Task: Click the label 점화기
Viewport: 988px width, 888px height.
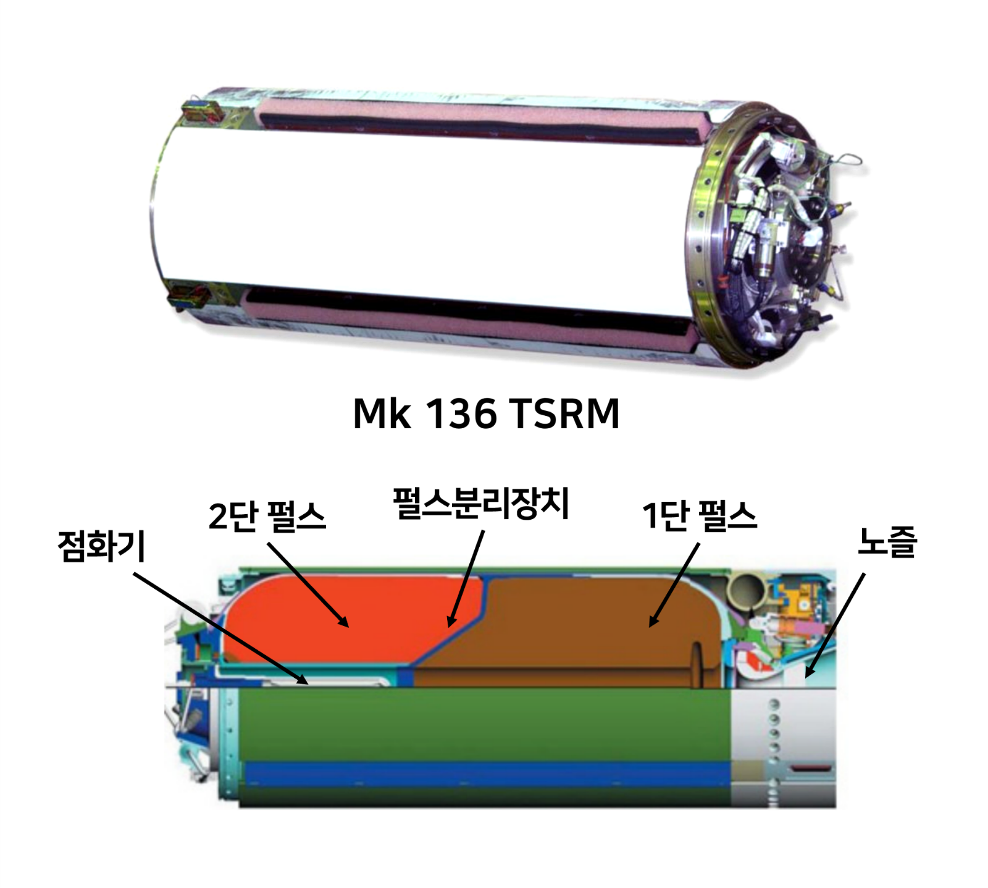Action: point(101,546)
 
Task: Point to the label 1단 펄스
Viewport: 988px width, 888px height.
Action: point(699,516)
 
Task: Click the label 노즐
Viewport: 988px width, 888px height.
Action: point(887,541)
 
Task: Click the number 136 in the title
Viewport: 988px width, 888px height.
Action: point(461,413)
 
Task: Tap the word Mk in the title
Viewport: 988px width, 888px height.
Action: point(381,413)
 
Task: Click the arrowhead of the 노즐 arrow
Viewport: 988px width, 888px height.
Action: point(808,675)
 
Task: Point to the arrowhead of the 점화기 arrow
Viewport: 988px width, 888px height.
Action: point(304,682)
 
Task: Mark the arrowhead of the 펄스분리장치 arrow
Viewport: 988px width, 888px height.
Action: point(451,624)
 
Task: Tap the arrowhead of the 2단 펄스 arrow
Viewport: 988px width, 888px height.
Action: point(346,624)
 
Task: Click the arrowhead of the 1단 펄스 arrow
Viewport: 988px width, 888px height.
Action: point(651,624)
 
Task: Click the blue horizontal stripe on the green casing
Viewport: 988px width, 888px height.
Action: point(488,773)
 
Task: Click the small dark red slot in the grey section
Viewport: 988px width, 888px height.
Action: point(810,769)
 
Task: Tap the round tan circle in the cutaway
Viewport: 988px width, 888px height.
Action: point(748,591)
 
